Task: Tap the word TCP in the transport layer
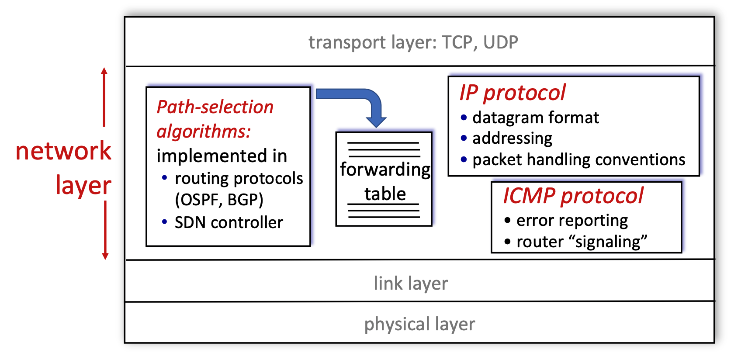click(x=457, y=42)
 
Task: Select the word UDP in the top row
click(x=501, y=42)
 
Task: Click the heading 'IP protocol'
click(x=512, y=93)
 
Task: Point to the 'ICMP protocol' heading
click(x=573, y=196)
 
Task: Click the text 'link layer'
click(x=411, y=284)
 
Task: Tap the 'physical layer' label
click(x=419, y=324)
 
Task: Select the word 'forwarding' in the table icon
click(x=385, y=170)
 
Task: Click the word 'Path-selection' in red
click(x=215, y=107)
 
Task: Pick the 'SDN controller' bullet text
click(x=229, y=223)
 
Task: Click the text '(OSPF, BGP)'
click(x=219, y=200)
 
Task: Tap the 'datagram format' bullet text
click(x=536, y=118)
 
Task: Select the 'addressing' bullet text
click(x=512, y=138)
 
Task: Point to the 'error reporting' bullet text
click(x=572, y=221)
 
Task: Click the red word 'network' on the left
click(x=63, y=151)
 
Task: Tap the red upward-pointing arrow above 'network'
click(x=104, y=96)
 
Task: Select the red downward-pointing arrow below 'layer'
click(x=105, y=232)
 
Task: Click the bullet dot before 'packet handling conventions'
click(x=464, y=160)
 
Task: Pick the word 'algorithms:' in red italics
click(x=204, y=132)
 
